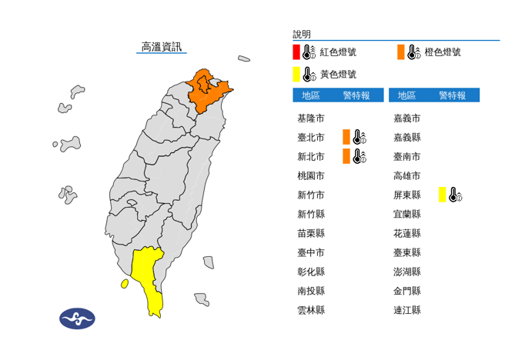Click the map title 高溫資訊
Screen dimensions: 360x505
point(162,48)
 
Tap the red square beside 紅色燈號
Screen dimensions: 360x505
point(296,52)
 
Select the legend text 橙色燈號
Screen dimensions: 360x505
point(443,52)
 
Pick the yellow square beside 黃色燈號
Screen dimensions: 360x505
point(296,75)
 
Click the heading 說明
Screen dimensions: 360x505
point(302,35)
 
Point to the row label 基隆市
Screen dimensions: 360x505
point(310,118)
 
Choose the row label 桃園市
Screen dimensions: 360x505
point(310,176)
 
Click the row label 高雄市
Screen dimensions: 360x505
point(406,176)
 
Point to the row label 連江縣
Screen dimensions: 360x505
point(406,310)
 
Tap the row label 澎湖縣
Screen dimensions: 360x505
point(406,272)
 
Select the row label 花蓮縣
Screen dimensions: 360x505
point(406,233)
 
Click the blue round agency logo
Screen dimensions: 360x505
point(77,318)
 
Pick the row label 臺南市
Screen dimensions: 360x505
point(406,157)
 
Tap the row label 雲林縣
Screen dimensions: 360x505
point(310,310)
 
